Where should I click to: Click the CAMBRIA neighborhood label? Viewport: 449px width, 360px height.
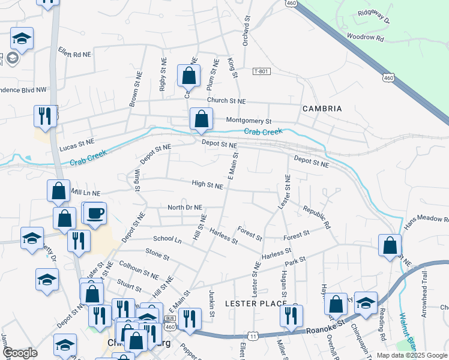pos(322,109)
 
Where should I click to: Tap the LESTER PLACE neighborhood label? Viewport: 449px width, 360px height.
pos(256,304)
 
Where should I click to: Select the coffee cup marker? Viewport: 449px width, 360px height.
pos(95,213)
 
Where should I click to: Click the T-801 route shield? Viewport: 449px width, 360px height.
pos(261,71)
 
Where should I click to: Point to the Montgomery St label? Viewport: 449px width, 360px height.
pos(249,121)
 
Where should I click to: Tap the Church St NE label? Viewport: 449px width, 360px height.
pos(226,101)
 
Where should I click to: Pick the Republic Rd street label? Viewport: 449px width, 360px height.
pos(317,217)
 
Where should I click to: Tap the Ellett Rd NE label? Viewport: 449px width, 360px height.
pos(74,53)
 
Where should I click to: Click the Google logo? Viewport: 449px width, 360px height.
pos(20,353)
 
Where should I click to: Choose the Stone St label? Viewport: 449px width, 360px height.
pos(157,254)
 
